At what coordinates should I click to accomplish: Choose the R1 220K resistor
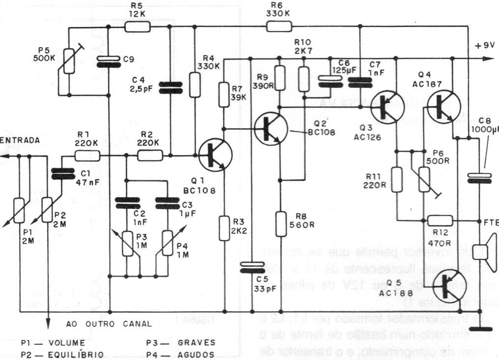(x=88, y=156)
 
